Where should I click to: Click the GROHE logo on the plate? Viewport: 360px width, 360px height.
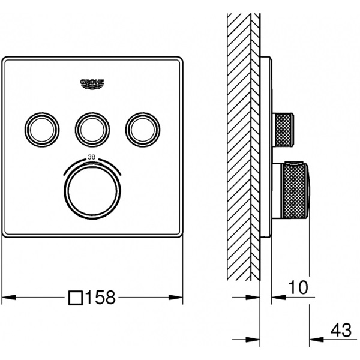(92, 84)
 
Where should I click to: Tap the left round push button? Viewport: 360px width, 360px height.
(42, 130)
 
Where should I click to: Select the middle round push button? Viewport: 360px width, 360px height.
(92, 130)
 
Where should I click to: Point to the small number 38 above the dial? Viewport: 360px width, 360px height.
(91, 157)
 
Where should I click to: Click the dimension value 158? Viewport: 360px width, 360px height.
(100, 298)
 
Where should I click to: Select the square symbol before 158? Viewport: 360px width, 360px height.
(76, 298)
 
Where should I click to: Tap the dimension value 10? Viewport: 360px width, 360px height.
(298, 287)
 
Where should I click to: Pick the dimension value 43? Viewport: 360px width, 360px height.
(341, 330)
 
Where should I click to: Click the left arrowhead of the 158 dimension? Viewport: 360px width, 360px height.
(9, 298)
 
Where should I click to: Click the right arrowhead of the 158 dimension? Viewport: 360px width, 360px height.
(176, 298)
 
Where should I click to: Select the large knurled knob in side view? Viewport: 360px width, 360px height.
(296, 190)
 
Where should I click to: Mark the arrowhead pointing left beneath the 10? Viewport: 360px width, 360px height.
(278, 298)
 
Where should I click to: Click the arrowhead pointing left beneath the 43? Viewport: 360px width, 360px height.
(317, 339)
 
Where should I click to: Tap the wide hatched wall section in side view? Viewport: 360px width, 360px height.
(239, 147)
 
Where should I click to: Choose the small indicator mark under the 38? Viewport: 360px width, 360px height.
(92, 163)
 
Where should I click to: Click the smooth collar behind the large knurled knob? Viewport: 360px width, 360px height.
(278, 190)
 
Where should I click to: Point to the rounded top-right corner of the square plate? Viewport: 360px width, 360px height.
(180, 59)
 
